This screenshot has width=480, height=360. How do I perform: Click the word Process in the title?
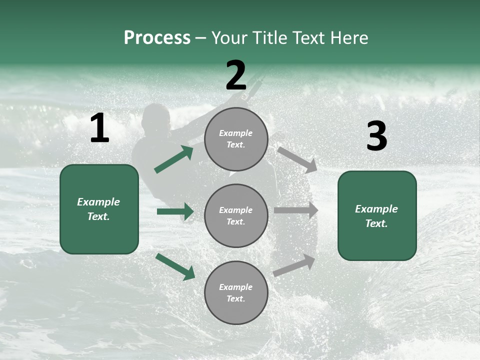pyautogui.click(x=157, y=38)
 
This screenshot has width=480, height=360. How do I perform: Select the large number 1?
pyautogui.click(x=99, y=128)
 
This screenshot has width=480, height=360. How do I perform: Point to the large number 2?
pyautogui.click(x=236, y=75)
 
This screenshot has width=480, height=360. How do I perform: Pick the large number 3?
pyautogui.click(x=376, y=136)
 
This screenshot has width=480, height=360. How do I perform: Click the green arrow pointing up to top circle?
pyautogui.click(x=174, y=159)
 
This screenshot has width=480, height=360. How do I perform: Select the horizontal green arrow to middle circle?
pyautogui.click(x=175, y=211)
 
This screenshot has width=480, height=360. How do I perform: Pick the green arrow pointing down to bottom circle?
pyautogui.click(x=175, y=266)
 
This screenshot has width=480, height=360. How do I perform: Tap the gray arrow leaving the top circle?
pyautogui.click(x=297, y=160)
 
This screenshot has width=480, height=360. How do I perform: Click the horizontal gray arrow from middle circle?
pyautogui.click(x=296, y=210)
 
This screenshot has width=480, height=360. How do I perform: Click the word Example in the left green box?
pyautogui.click(x=98, y=202)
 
